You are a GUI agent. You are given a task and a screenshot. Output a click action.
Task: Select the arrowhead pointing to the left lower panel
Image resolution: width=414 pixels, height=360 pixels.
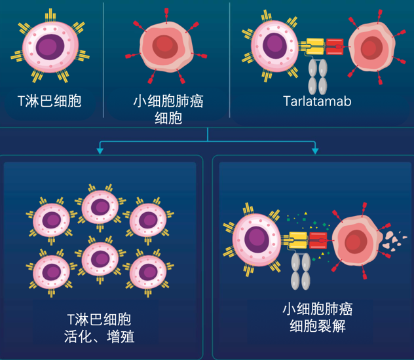pyautogui.click(x=100, y=151)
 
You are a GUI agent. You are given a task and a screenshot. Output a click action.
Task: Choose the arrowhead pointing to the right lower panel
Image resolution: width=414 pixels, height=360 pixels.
pyautogui.click(x=315, y=151)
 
